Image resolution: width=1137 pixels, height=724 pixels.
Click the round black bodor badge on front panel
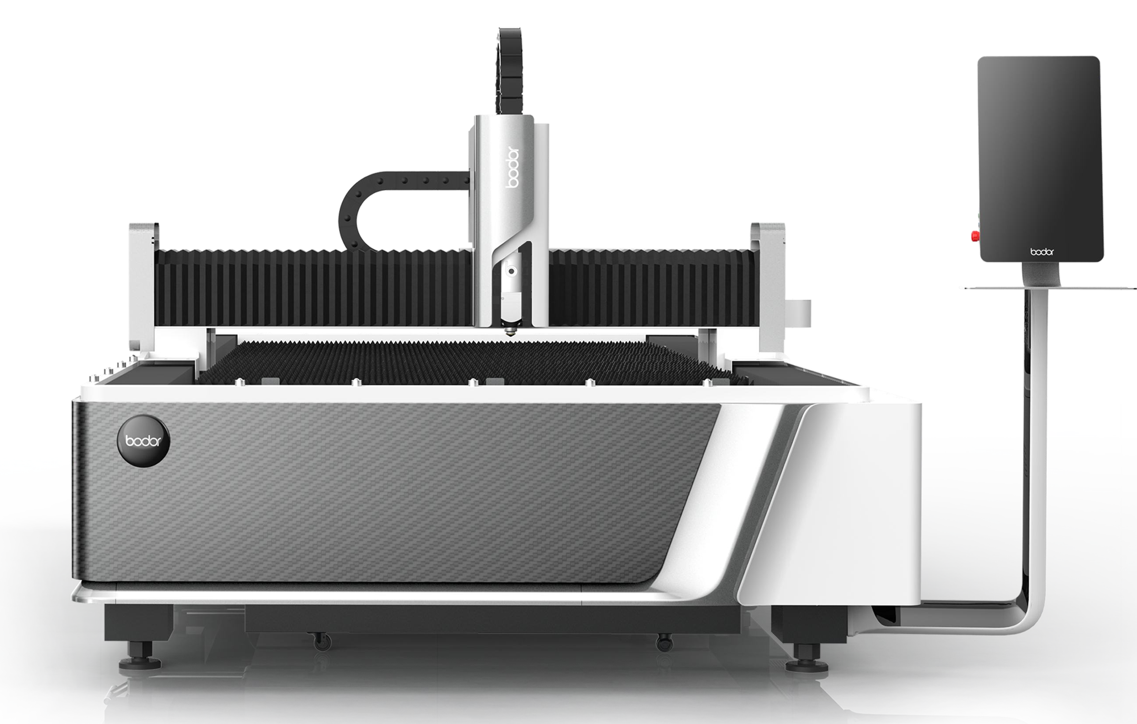tap(143, 441)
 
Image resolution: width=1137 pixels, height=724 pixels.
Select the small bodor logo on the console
tap(1042, 252)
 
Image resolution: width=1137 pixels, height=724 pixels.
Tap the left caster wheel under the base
tap(323, 642)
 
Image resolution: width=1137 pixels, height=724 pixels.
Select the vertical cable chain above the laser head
tap(510, 71)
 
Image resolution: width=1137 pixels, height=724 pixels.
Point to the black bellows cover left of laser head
tap(312, 288)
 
